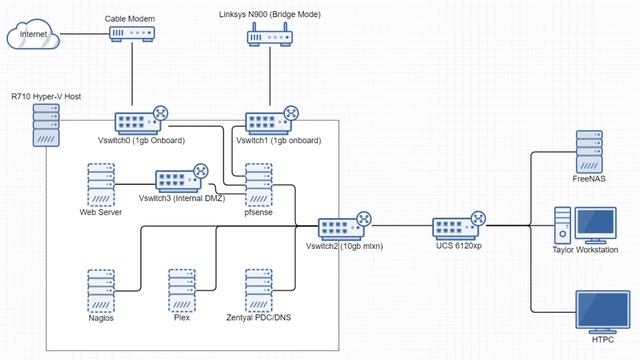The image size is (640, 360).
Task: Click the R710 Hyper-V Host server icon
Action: coord(45,127)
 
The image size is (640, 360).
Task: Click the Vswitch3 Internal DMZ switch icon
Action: coord(181,180)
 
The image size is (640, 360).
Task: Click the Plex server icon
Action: coord(181,289)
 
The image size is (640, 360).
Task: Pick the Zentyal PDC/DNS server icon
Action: coord(258,289)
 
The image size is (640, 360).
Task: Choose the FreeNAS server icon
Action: coord(589,152)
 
